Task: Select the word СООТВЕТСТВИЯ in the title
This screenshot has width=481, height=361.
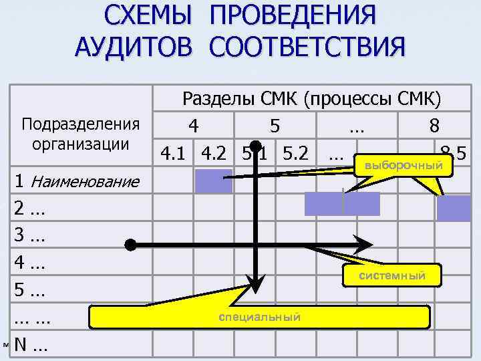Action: click(x=307, y=47)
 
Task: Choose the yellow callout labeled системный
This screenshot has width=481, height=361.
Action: click(x=392, y=275)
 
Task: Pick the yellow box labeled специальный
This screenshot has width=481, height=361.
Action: click(x=259, y=317)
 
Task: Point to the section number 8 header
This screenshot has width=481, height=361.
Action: click(x=434, y=126)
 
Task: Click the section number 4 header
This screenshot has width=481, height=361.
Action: click(x=193, y=126)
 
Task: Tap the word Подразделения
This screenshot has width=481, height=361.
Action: click(x=81, y=125)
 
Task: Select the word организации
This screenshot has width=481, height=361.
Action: click(x=80, y=144)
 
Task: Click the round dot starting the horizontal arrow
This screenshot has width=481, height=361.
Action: click(x=131, y=244)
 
